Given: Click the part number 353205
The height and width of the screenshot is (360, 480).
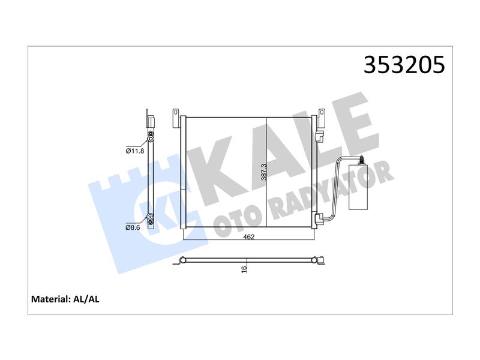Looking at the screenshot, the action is (x=404, y=65).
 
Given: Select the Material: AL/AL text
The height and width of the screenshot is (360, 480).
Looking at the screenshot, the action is (x=65, y=299).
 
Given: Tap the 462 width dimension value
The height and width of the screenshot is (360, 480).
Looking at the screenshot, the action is (x=248, y=237).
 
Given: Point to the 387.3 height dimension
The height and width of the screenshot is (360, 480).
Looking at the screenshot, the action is (x=264, y=172).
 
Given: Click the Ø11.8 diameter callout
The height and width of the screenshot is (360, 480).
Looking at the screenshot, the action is (x=134, y=151).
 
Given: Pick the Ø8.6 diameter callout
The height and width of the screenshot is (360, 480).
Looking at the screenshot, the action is (x=133, y=227).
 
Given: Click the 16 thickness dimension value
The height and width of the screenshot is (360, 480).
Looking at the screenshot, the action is (x=244, y=269).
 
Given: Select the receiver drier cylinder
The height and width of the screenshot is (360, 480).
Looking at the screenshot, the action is (x=358, y=187).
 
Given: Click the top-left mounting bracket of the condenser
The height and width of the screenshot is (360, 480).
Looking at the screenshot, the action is (x=175, y=118).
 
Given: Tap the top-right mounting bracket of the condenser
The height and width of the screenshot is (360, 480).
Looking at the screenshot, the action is (x=322, y=118).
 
